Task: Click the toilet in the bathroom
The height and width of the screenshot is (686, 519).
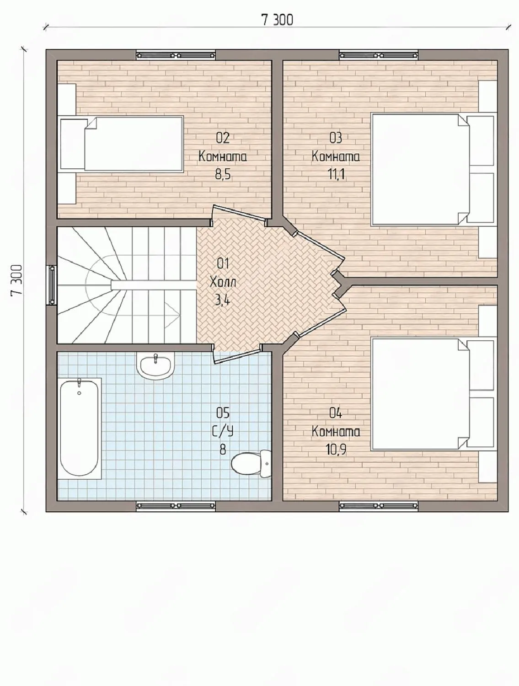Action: tap(251, 463)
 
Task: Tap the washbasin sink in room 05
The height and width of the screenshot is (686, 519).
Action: tap(155, 366)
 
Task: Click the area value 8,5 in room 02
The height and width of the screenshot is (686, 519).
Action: tap(223, 175)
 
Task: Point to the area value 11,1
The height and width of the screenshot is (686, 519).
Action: tap(336, 175)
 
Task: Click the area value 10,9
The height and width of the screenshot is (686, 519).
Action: tap(336, 450)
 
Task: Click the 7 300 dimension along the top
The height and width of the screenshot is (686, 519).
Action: tap(277, 20)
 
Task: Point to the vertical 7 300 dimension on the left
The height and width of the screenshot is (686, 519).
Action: tap(16, 280)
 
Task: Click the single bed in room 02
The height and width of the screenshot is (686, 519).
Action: tap(121, 144)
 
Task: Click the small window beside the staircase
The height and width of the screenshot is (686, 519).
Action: tap(51, 285)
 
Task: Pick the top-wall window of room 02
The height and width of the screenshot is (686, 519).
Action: tap(176, 55)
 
